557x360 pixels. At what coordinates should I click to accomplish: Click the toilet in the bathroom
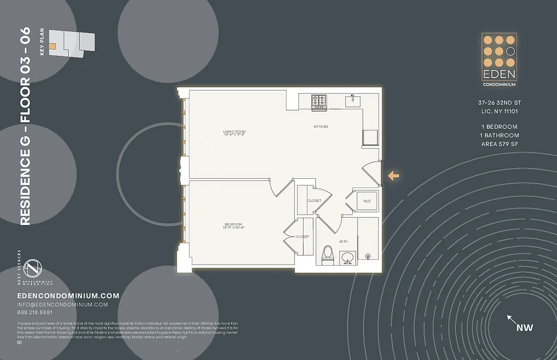pyautogui.click(x=328, y=254)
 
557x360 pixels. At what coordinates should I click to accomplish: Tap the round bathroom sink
pyautogui.click(x=347, y=257)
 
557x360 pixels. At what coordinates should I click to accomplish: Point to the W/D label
pyautogui.click(x=367, y=201)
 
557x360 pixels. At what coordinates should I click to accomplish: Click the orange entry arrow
pyautogui.click(x=394, y=176)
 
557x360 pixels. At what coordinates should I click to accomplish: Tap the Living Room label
pyautogui.click(x=234, y=133)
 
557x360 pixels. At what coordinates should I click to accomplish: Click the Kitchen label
pyautogui.click(x=321, y=127)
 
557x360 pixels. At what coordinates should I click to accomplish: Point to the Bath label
pyautogui.click(x=343, y=242)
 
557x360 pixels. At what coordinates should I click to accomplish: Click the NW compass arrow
pyautogui.click(x=512, y=320)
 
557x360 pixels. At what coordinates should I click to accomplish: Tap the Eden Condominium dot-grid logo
pyautogui.click(x=499, y=51)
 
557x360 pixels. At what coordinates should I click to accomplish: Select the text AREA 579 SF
pyautogui.click(x=500, y=144)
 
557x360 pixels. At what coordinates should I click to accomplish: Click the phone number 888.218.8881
pyautogui.click(x=35, y=312)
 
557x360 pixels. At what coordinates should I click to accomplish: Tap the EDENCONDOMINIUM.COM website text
pyautogui.click(x=68, y=296)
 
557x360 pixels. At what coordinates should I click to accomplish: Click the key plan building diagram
pyautogui.click(x=72, y=44)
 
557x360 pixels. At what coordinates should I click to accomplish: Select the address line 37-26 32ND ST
pyautogui.click(x=499, y=103)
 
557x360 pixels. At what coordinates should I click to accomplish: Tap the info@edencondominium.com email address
pyautogui.click(x=62, y=305)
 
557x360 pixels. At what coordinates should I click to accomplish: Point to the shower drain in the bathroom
pyautogui.click(x=368, y=256)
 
